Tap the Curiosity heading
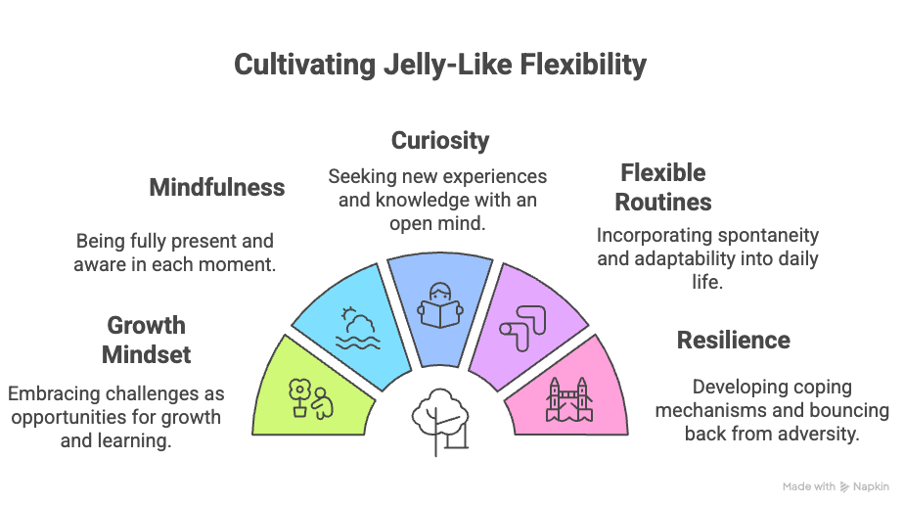[x=440, y=140]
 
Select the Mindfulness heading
[x=217, y=187]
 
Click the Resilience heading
[x=734, y=340]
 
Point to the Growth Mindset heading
[x=146, y=339]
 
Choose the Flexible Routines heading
[x=665, y=187]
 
